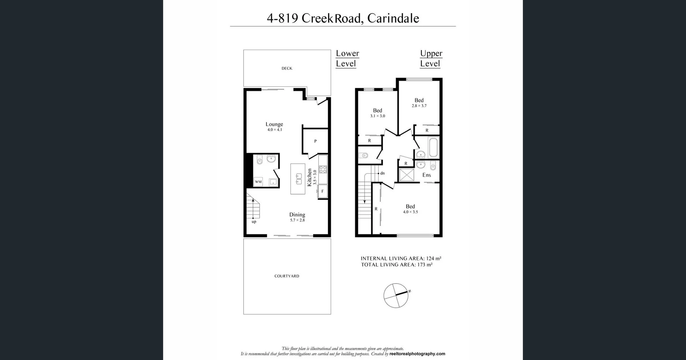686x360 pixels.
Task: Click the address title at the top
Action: click(343, 18)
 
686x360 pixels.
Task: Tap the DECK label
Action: click(287, 68)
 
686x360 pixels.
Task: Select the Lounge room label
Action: click(274, 127)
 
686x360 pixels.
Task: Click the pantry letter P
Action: click(315, 141)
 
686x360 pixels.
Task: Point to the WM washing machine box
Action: click(258, 182)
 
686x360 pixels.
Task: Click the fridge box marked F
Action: click(322, 191)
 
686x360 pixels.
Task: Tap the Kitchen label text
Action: click(310, 177)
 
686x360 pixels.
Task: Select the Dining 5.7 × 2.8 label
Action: click(297, 217)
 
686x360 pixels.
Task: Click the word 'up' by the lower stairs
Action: click(254, 222)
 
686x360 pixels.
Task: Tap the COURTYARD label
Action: click(287, 276)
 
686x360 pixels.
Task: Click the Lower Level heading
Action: click(347, 58)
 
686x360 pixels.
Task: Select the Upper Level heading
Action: click(431, 58)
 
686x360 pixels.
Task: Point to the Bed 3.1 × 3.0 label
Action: click(377, 113)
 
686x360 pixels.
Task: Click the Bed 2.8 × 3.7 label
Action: click(419, 103)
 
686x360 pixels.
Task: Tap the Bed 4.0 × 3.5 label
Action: click(410, 209)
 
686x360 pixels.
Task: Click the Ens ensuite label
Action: click(427, 175)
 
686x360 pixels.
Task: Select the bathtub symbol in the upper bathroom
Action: click(433, 147)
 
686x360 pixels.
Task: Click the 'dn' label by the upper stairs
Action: click(382, 173)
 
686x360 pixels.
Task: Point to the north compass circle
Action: click(396, 295)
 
